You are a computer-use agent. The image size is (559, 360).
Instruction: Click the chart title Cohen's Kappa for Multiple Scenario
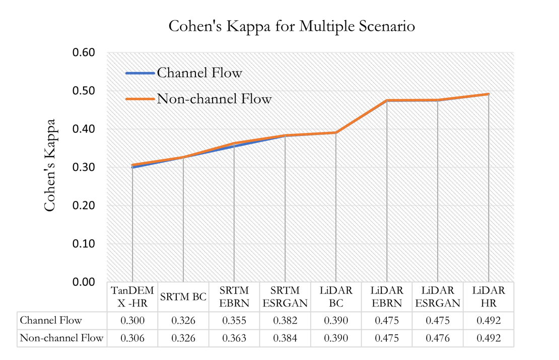(292, 26)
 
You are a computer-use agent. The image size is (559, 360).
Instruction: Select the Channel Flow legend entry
(199, 73)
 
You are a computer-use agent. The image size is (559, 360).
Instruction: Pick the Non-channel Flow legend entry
(214, 99)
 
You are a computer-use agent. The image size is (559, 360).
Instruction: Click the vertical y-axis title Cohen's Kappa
(50, 166)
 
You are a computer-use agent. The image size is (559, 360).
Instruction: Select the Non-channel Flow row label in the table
(61, 338)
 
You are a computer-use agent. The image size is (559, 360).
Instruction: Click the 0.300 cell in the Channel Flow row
(132, 320)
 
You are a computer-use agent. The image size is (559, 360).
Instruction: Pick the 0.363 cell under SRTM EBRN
(234, 338)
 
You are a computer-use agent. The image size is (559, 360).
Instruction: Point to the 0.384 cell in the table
(285, 338)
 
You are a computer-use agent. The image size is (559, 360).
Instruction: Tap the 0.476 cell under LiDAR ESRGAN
(437, 338)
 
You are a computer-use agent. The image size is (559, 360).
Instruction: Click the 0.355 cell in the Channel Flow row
(234, 320)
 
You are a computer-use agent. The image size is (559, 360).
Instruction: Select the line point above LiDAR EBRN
(387, 101)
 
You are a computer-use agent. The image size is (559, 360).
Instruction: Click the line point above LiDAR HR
(488, 94)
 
